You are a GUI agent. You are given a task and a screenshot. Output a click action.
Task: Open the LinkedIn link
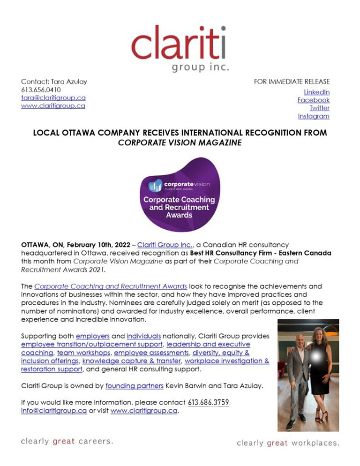[x=317, y=92]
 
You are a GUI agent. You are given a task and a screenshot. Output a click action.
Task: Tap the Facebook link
[x=314, y=100]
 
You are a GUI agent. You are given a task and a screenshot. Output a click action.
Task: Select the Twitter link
[x=319, y=108]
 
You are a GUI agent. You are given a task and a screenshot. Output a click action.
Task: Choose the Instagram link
[x=314, y=116]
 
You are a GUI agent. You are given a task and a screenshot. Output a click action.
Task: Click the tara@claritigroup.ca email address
[x=53, y=98]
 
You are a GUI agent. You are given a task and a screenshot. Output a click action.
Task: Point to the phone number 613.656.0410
[x=41, y=90]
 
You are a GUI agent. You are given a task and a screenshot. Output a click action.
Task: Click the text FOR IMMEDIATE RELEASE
[x=292, y=82]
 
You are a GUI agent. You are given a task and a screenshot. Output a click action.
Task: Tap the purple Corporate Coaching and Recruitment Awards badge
[x=180, y=195]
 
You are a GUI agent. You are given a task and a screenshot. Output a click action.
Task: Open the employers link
[x=92, y=336]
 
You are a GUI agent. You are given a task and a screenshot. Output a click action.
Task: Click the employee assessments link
[x=144, y=353]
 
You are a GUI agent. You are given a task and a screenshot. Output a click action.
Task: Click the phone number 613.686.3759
[x=209, y=403]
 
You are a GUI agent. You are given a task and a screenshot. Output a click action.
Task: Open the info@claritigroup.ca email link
[x=54, y=411]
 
